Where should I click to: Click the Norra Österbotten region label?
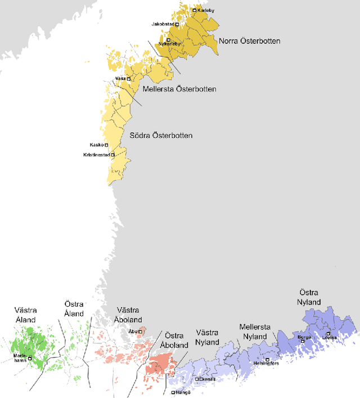click(250, 41)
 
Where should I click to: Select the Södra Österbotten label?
click(161, 136)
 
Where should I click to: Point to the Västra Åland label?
click(25, 315)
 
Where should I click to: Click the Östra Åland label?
click(73, 309)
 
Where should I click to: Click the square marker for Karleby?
click(195, 10)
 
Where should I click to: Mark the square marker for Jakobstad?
click(177, 25)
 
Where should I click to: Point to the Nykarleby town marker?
click(168, 39)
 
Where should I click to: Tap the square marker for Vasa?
click(128, 79)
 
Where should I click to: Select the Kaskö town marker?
click(106, 145)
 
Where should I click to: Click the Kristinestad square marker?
click(112, 155)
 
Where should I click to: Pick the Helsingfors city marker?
click(267, 359)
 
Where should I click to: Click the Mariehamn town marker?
click(30, 357)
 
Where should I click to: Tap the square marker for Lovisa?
click(328, 334)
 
